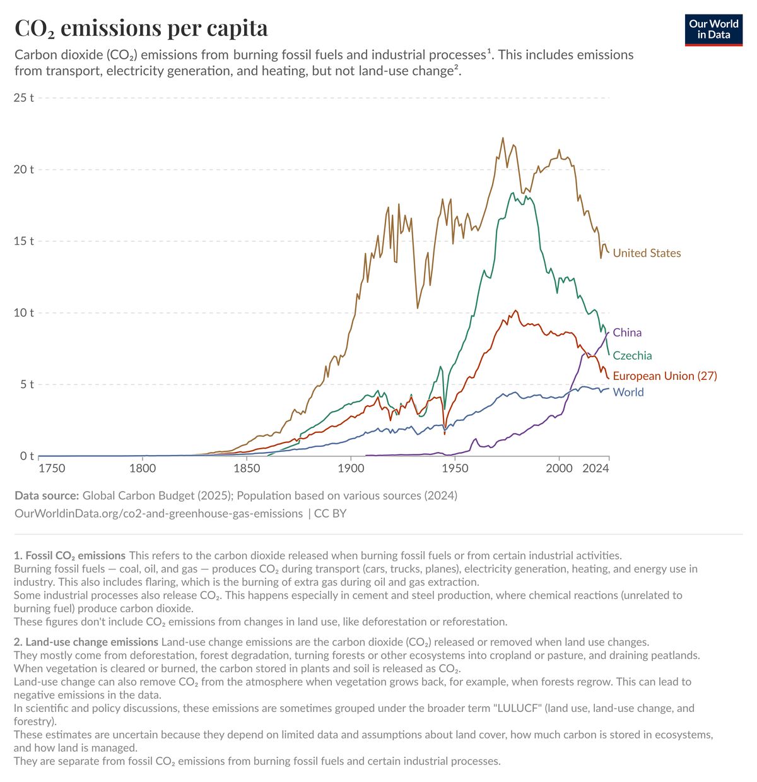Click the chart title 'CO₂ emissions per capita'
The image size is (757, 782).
141,28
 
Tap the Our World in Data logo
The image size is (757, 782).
713,29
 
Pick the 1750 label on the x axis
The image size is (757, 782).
52,468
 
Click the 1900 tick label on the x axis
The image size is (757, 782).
351,468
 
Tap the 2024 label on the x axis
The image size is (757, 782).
596,468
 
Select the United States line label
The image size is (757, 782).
647,253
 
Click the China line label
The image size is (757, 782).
627,333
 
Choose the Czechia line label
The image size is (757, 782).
632,356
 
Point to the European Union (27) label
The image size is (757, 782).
665,376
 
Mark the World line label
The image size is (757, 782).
628,393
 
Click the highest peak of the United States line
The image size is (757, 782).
503,138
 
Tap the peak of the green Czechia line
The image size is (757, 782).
513,193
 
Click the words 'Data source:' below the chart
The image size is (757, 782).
47,495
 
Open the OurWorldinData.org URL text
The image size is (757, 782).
158,514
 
